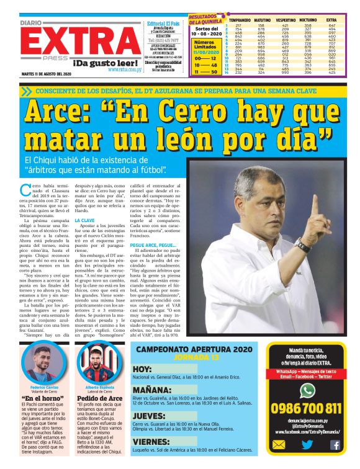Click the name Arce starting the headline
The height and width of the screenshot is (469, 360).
pyautogui.click(x=62, y=112)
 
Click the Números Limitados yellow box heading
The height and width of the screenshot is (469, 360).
pyautogui.click(x=205, y=45)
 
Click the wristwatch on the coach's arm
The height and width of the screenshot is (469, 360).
pyautogui.click(x=302, y=246)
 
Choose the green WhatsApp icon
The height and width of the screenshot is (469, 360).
pyautogui.click(x=307, y=390)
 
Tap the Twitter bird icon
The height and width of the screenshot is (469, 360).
pyautogui.click(x=307, y=444)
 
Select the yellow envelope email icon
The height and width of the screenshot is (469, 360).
pyautogui.click(x=279, y=444)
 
